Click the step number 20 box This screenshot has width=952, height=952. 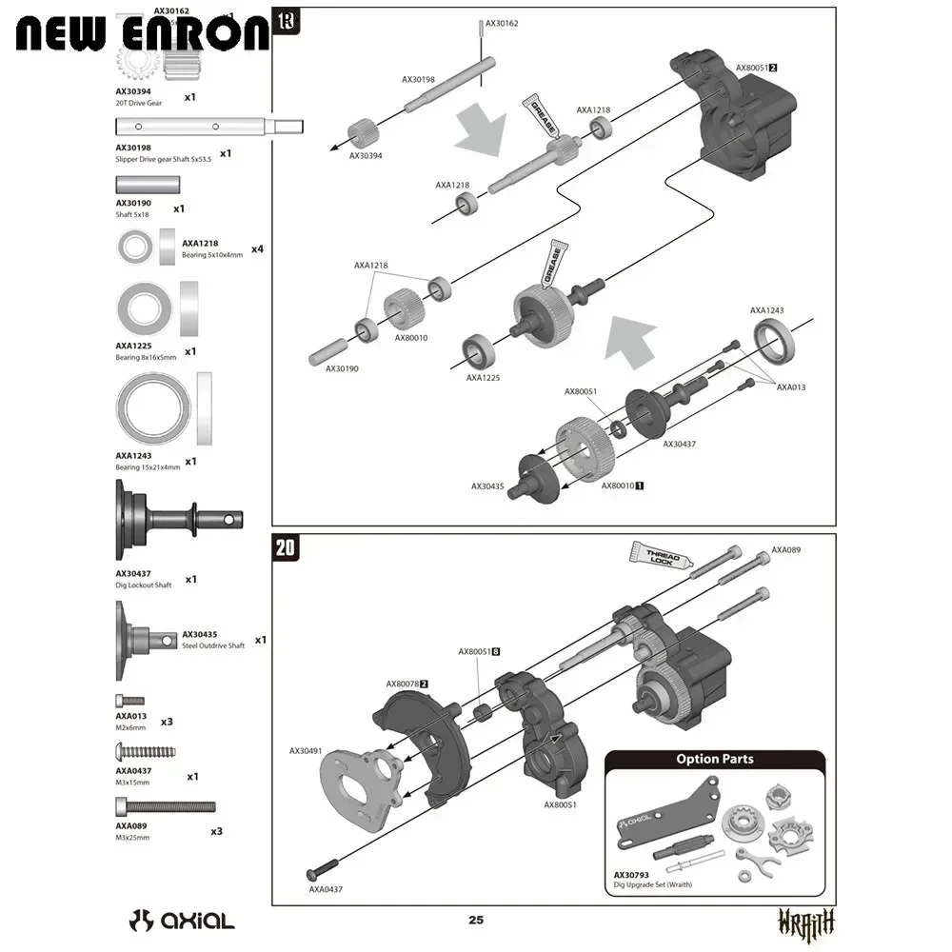pos(285,547)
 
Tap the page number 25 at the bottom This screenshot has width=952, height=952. pos(476,920)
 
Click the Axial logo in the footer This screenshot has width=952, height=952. pos(182,921)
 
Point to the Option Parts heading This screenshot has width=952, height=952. pos(714,759)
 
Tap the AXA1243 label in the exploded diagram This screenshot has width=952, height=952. pos(767,310)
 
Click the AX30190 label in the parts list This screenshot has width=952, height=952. pos(133,203)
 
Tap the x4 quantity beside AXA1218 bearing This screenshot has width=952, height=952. pos(257,249)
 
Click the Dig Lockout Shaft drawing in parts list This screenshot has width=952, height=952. pos(177,520)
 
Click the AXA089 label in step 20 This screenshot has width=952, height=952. pos(787,549)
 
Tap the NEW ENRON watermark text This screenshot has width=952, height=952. pos(143,33)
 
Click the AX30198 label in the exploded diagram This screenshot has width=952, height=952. pos(419,80)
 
